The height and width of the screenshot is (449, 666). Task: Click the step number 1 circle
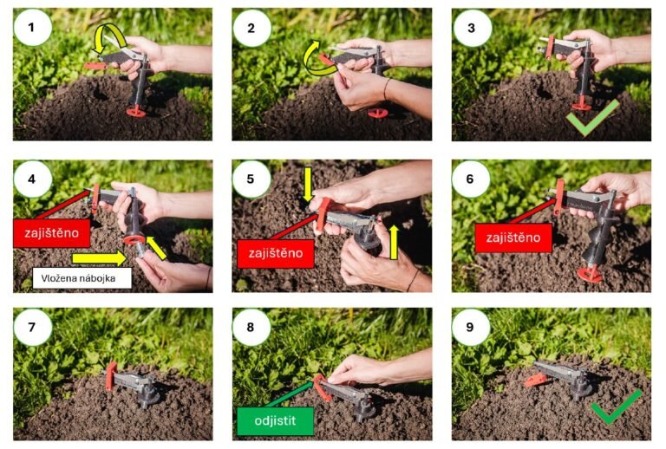click(33, 28)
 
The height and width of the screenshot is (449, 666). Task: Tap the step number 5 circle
click(251, 179)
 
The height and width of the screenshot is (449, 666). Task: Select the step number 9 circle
click(471, 327)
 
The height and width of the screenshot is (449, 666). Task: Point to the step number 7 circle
click(33, 327)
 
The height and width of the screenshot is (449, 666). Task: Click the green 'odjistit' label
click(275, 421)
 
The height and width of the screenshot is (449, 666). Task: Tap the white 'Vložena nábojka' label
click(82, 278)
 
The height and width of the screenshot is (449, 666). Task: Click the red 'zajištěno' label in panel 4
click(52, 233)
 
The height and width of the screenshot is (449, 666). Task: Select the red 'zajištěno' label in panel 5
click(276, 253)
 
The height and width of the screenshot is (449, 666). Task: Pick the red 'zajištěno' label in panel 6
click(513, 238)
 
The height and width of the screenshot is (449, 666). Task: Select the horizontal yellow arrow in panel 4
click(99, 257)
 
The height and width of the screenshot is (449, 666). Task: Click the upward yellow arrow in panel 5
click(394, 242)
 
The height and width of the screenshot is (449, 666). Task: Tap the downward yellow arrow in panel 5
click(308, 184)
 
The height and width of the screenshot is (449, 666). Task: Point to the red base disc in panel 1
click(136, 112)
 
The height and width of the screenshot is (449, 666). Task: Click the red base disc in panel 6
click(590, 274)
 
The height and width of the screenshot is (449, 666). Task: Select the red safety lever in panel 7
click(111, 376)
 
